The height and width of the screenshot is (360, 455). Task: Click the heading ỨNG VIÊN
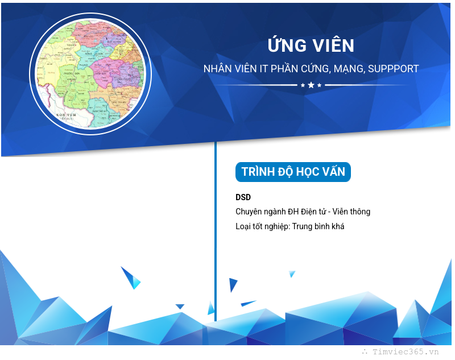311,45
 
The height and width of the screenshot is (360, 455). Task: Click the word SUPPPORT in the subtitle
393,69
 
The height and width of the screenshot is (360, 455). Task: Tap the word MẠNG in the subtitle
348,69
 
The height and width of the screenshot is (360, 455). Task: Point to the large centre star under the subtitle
311,85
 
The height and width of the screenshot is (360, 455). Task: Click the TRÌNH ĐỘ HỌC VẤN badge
293,172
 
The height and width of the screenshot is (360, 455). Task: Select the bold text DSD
243,197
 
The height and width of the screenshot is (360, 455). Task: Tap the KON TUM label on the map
66,114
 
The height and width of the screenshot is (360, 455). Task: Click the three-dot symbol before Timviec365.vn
365,352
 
